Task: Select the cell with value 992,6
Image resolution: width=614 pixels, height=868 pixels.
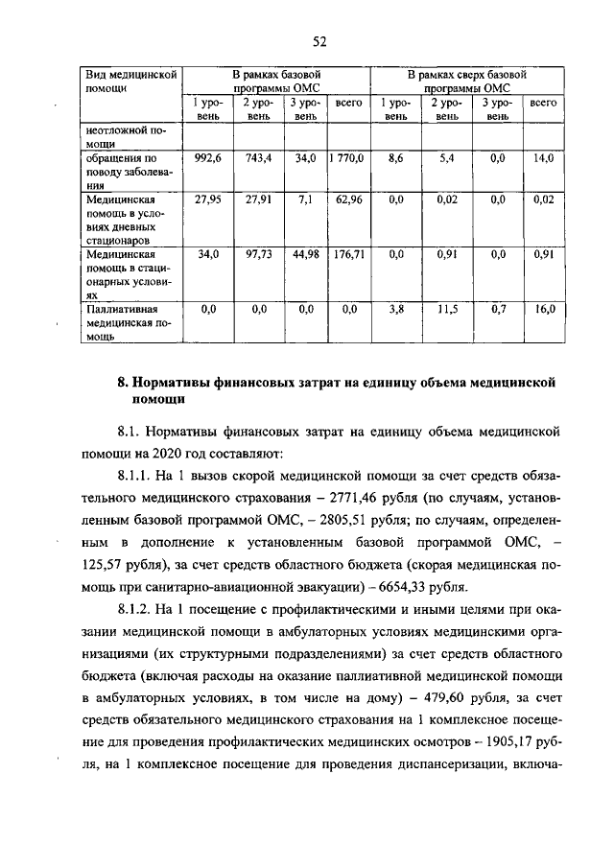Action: pos(208,158)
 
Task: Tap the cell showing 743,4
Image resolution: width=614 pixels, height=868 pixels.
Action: pos(257,158)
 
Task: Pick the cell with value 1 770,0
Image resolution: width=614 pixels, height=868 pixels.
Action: pos(348,158)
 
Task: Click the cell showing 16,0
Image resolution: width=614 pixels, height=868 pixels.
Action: pos(544,310)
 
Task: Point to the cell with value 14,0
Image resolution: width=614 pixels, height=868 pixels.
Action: pos(544,158)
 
